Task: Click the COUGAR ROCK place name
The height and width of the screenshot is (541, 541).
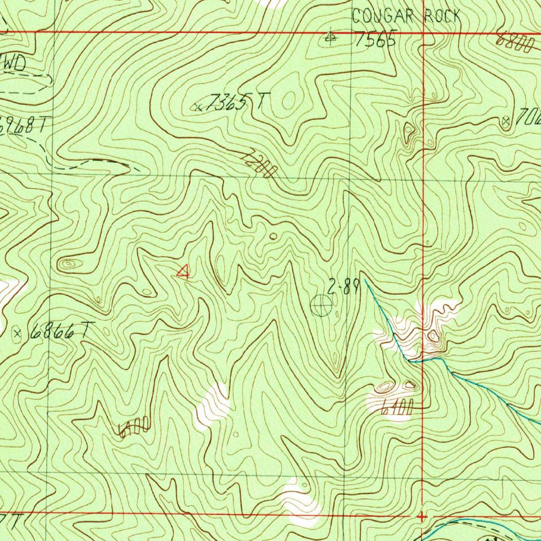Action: pos(406,16)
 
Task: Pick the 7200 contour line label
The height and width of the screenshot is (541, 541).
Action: pos(259,164)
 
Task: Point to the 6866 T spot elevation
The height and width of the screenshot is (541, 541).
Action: pos(59,331)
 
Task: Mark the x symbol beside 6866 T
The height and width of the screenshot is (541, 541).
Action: pos(18,333)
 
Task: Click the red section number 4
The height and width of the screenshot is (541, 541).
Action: pos(183,272)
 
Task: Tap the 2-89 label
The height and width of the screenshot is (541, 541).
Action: pos(343,288)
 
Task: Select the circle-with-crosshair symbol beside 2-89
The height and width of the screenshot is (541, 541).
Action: pos(321,305)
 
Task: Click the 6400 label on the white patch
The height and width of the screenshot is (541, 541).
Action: pos(396,406)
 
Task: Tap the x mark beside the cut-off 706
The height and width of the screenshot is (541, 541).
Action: pos(507,122)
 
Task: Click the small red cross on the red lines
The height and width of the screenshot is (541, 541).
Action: pos(421,516)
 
